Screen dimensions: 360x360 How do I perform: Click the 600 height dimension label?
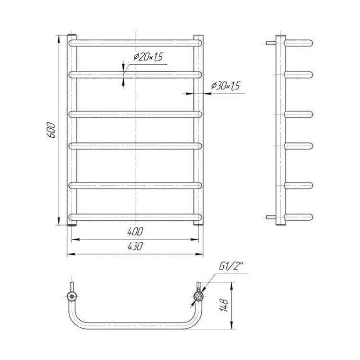tap(52, 130)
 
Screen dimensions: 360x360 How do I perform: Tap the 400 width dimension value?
tap(135, 231)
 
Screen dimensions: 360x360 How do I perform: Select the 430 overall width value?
tap(135, 246)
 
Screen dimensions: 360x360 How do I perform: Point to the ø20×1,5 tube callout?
tap(149, 57)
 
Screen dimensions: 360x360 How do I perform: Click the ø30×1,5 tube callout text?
tap(226, 85)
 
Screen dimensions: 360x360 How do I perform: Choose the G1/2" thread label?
tap(231, 266)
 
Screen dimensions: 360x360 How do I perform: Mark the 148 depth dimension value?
tap(224, 305)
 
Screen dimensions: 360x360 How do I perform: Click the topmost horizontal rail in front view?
tap(135, 43)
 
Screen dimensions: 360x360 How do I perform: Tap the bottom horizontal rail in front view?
tap(135, 217)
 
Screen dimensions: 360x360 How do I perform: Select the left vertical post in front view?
tap(72, 130)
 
